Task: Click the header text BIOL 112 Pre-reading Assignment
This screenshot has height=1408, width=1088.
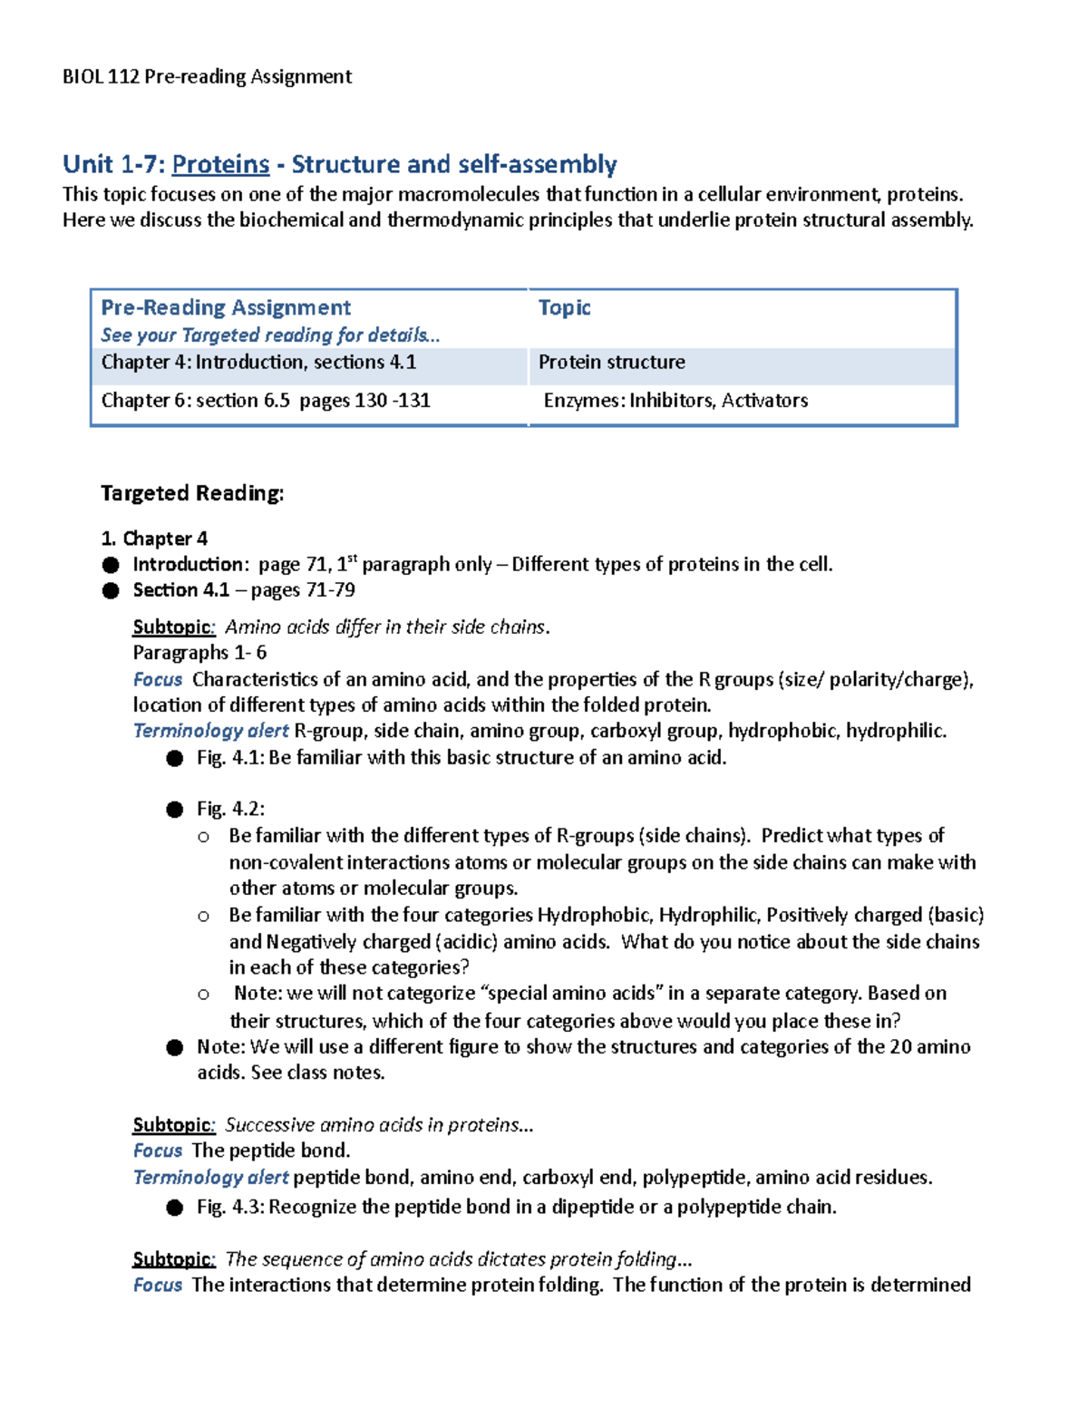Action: coord(207,77)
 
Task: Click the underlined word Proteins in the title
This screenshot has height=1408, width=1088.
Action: coord(220,164)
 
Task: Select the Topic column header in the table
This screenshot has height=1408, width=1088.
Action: coord(564,307)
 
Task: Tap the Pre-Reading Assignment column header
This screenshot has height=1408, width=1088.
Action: coord(226,307)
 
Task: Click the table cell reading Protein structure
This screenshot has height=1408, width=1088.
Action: coord(611,363)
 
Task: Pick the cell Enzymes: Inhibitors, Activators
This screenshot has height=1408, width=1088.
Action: coord(675,401)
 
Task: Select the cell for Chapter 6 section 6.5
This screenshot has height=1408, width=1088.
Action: coord(266,401)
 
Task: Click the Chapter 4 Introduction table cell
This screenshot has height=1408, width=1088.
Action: coord(258,363)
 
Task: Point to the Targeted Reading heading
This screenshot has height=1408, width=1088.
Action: coord(192,493)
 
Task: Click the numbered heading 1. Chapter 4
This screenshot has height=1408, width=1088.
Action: coord(154,539)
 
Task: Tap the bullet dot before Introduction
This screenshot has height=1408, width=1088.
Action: coord(111,566)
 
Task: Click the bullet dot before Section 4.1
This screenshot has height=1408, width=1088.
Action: coord(111,591)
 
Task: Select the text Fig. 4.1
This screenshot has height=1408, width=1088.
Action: coord(228,758)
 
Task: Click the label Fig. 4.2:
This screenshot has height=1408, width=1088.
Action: coord(230,809)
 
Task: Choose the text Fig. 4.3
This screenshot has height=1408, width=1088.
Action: coord(228,1208)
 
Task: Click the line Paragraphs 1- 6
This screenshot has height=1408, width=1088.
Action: coord(199,653)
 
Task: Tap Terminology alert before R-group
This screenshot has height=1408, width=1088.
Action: coord(210,731)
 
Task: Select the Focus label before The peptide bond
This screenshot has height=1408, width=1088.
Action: coord(158,1151)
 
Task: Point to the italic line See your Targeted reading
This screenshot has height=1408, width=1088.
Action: coord(269,335)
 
